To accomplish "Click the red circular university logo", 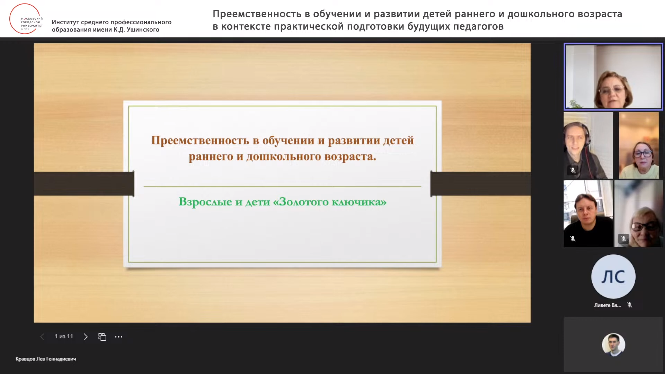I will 25,19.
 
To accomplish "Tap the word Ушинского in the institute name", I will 143,30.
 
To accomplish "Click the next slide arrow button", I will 86,337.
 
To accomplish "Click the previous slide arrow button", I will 42,337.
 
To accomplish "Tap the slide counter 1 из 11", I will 64,336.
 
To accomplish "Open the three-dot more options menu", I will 118,337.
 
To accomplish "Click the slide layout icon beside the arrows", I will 102,337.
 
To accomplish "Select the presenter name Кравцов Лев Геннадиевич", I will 46,359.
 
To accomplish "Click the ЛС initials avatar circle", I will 613,276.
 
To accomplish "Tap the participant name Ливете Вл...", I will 607,305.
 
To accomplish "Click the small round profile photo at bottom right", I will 613,344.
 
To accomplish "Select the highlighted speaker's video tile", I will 613,77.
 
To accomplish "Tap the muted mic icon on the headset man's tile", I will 573,170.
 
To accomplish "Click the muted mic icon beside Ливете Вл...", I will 630,305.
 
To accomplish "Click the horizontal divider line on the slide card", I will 282,187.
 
